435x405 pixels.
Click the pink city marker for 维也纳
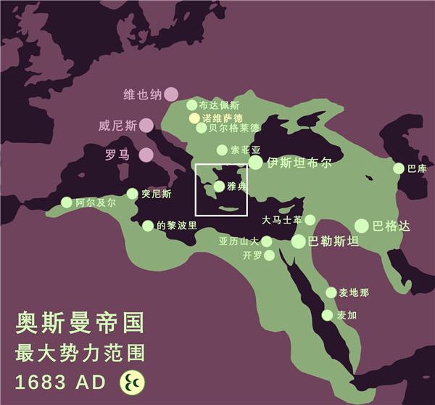(x=170, y=94)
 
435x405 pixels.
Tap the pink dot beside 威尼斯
(x=146, y=125)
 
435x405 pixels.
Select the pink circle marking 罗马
(x=146, y=155)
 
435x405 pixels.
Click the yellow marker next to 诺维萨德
(x=194, y=118)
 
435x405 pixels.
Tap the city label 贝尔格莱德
(x=233, y=128)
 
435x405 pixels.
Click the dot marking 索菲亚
(x=222, y=150)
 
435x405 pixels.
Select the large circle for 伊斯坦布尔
(x=256, y=163)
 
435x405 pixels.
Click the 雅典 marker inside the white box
(x=219, y=187)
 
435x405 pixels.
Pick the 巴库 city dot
(x=399, y=168)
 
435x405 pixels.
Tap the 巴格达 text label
(x=391, y=226)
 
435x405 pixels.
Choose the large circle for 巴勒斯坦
(x=299, y=241)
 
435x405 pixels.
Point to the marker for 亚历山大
(x=266, y=241)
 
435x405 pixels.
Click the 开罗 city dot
(x=269, y=255)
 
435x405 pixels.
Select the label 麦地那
(x=355, y=292)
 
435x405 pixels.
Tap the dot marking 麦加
(x=327, y=315)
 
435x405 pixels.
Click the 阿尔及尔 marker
(x=67, y=202)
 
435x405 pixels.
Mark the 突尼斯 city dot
(x=132, y=194)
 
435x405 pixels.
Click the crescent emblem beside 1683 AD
(x=132, y=381)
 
